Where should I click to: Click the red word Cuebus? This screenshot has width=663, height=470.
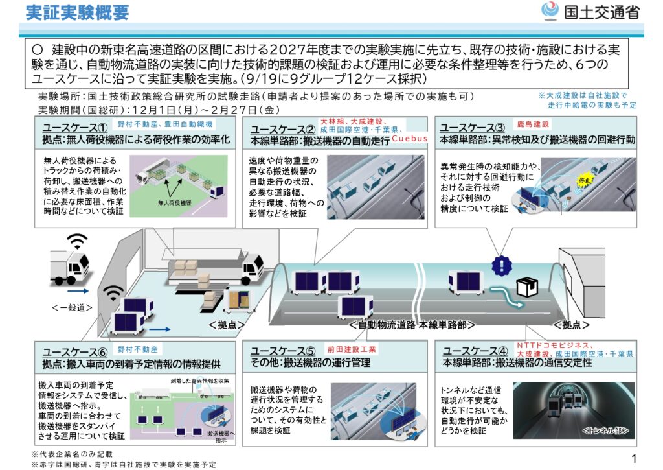point(409,139)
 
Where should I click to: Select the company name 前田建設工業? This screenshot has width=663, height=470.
point(352,349)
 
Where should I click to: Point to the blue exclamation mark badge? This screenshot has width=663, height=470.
point(501,265)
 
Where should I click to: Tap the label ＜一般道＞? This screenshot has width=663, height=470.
point(71,307)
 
